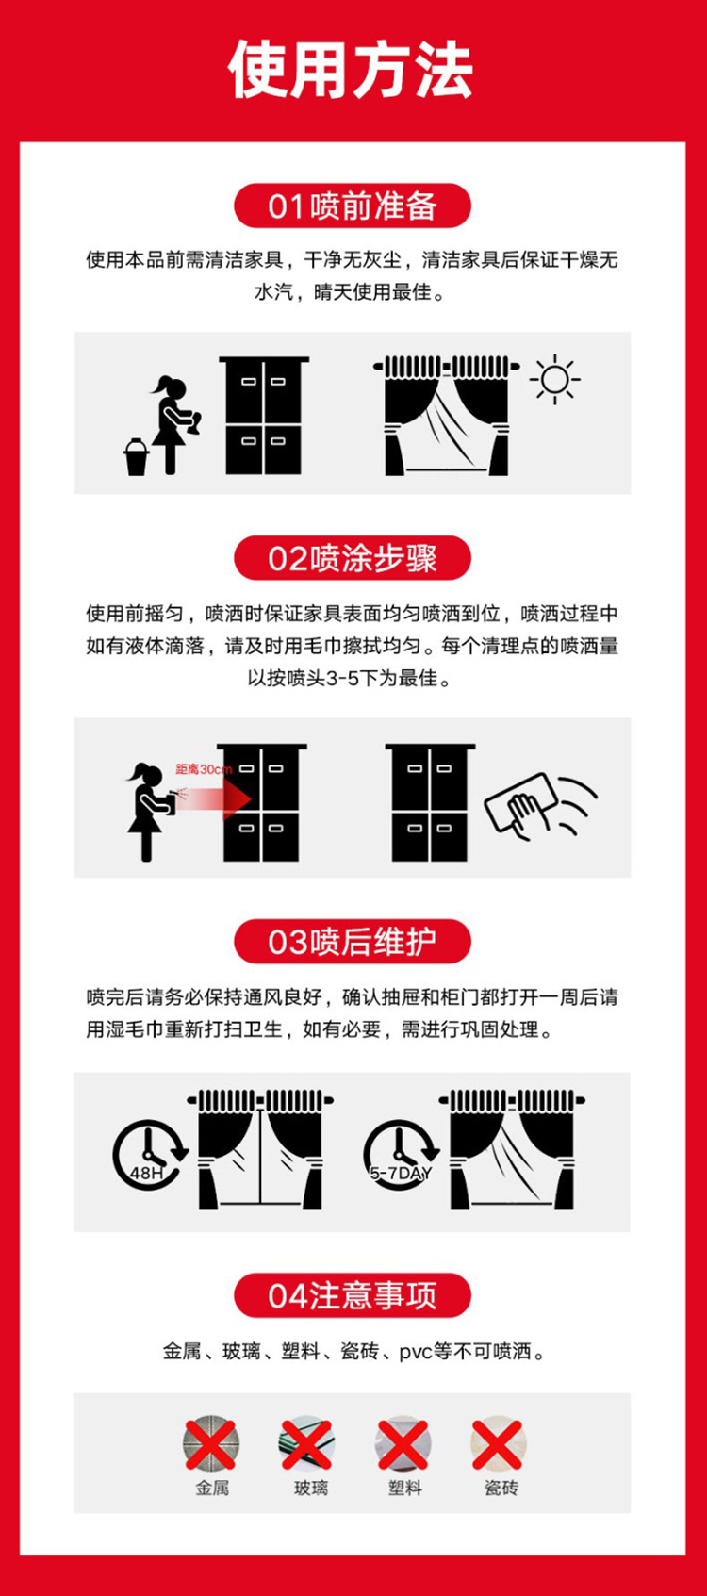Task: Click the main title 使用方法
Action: pos(351,69)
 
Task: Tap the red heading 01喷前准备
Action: pos(353,206)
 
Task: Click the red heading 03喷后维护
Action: pos(353,941)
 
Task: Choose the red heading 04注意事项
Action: pos(353,1295)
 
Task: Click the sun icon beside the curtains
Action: pos(554,379)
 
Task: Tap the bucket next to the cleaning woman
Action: pos(136,456)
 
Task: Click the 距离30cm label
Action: pos(204,769)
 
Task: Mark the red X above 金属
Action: pos(211,1443)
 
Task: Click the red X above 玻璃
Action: pos(306,1443)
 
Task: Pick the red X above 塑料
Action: pos(403,1443)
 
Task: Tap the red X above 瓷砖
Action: pos(498,1443)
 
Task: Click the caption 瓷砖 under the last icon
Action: pos(501,1488)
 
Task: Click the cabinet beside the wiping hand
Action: pos(430,802)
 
